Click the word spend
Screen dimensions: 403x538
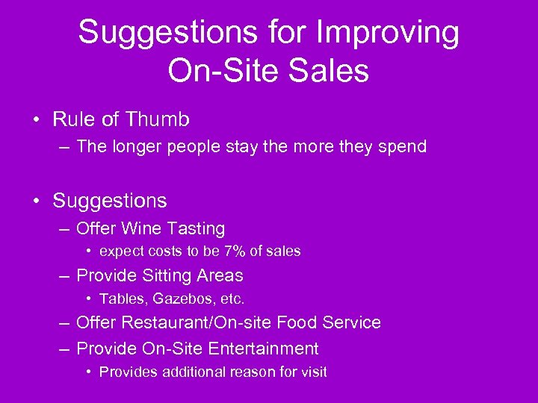coord(401,147)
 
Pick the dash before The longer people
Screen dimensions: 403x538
coord(64,147)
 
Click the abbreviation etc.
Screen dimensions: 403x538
coord(231,299)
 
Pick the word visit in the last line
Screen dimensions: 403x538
coord(313,372)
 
